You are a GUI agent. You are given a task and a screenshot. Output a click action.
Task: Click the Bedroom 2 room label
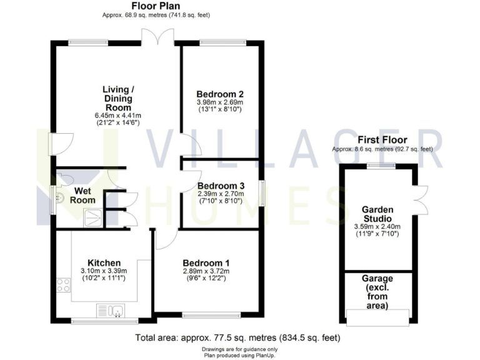coord(219,94)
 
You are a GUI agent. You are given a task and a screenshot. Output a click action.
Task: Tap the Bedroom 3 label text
coord(221,186)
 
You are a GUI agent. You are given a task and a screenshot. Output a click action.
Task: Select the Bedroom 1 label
coord(206,262)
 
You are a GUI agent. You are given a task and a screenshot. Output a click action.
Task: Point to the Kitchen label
coord(104,262)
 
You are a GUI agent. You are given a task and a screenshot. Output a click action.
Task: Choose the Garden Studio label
coord(377,214)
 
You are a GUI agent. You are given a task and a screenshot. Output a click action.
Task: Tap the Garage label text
coord(377,279)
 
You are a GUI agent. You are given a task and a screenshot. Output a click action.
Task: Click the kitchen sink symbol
coord(112,309)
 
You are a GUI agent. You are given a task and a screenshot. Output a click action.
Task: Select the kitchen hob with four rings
coord(64,285)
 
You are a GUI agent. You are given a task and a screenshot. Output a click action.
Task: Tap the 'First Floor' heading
coord(382,139)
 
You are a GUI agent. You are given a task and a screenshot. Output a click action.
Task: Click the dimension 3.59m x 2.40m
coord(377,227)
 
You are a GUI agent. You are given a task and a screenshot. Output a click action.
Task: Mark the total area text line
coord(237,337)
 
